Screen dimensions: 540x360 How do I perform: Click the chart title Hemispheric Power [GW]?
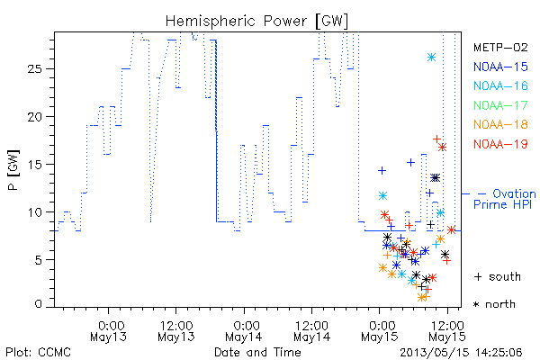tap(256, 22)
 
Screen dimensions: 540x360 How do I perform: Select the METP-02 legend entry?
tap(500, 47)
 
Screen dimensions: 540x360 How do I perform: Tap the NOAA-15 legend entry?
tap(500, 67)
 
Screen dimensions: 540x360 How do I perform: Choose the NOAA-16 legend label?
tap(500, 85)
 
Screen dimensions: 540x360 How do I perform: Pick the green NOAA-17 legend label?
tap(500, 105)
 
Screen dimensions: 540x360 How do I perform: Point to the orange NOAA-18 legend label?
tap(500, 124)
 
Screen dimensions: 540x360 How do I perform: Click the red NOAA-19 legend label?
tap(500, 144)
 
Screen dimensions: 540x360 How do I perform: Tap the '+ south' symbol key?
tap(498, 276)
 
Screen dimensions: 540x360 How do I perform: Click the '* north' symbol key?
tap(494, 304)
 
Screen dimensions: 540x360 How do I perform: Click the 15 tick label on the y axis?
tap(34, 165)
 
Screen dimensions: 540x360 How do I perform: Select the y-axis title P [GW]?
tap(13, 170)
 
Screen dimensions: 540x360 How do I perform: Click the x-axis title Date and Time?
tap(257, 352)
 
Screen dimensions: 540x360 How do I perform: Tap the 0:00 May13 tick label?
tap(109, 331)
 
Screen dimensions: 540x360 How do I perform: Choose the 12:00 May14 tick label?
tap(311, 331)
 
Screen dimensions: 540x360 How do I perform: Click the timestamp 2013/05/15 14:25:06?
tap(461, 353)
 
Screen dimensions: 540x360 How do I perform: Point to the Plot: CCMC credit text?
tap(38, 352)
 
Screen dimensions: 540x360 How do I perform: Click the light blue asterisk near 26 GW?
tap(431, 58)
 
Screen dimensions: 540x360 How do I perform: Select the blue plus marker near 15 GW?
tap(410, 162)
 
